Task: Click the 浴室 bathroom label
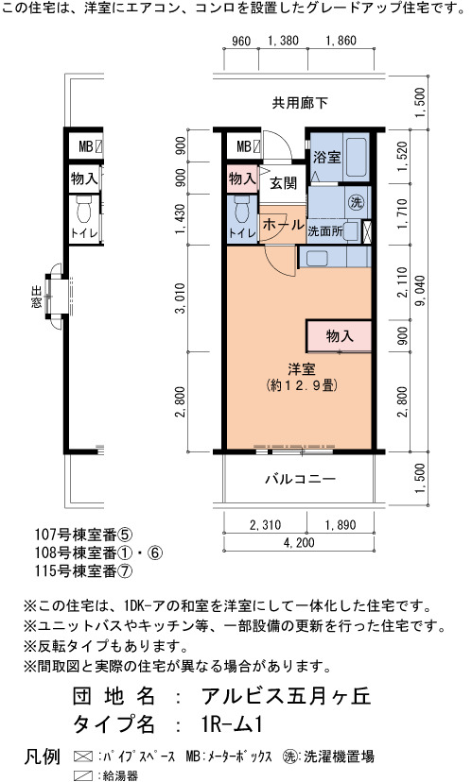tap(326, 158)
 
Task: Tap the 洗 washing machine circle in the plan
tap(356, 202)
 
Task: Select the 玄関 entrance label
tap(283, 183)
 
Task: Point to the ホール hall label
tap(283, 225)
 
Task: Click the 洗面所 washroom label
tap(325, 231)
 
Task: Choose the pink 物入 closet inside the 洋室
tap(340, 336)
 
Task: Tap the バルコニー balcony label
tap(300, 479)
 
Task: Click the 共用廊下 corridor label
tap(300, 103)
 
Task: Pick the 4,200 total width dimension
tap(299, 543)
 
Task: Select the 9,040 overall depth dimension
tap(420, 290)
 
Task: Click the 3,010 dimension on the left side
tap(181, 298)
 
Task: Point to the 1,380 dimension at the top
tap(283, 41)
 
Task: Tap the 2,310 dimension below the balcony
tap(265, 525)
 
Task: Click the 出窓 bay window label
tap(37, 297)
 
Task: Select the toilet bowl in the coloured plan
tap(242, 210)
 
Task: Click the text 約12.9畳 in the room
tap(302, 385)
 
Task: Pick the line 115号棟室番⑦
tap(84, 570)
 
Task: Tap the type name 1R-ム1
tap(229, 724)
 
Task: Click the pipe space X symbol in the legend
tap(83, 756)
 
